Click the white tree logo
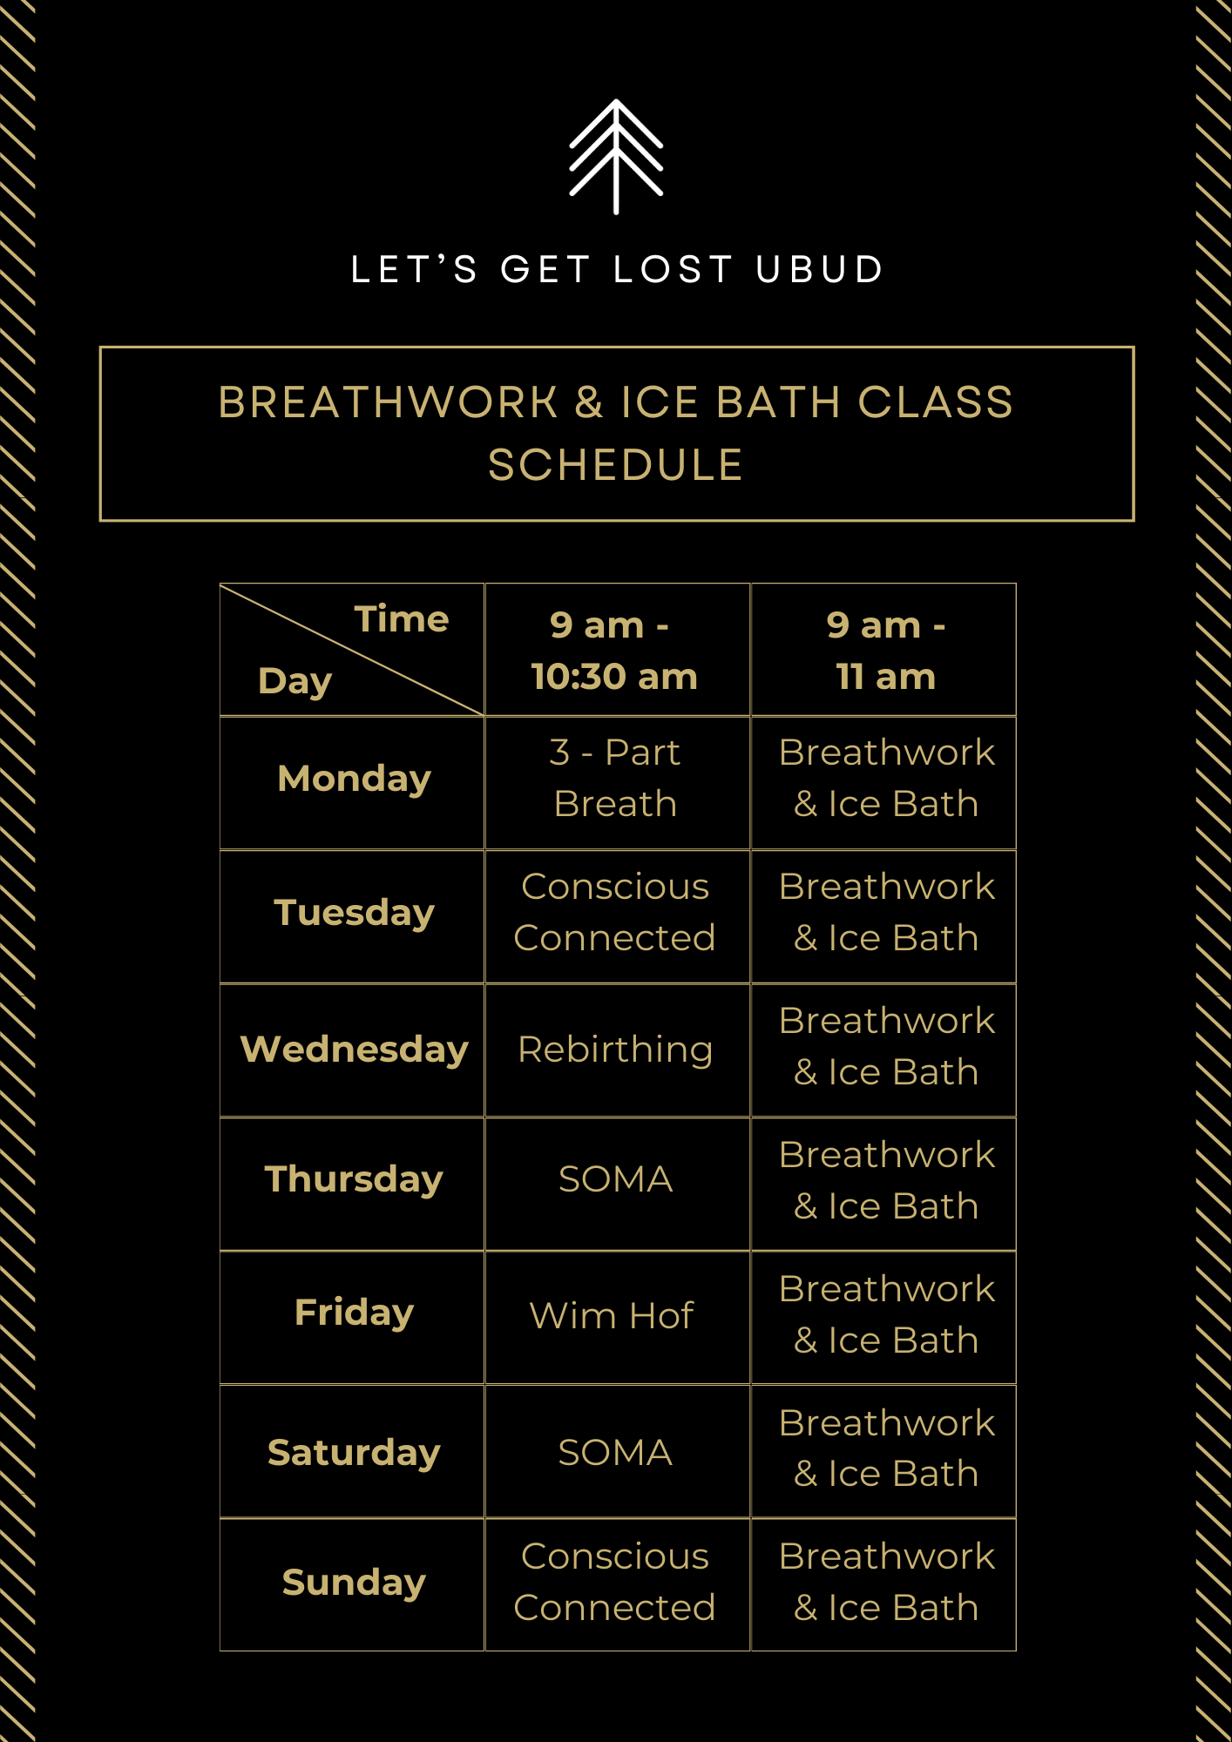pyautogui.click(x=616, y=157)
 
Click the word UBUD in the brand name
pyautogui.click(x=820, y=269)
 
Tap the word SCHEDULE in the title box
pyautogui.click(x=615, y=465)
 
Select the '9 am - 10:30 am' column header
pyautogui.click(x=615, y=650)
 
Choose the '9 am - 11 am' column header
pyautogui.click(x=885, y=650)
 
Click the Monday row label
pyautogui.click(x=354, y=779)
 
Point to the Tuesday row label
pyautogui.click(x=354, y=913)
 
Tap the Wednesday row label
pyautogui.click(x=354, y=1049)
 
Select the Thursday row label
pyautogui.click(x=354, y=1179)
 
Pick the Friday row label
pyautogui.click(x=354, y=1313)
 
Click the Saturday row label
pyautogui.click(x=354, y=1452)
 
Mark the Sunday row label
pyautogui.click(x=354, y=1582)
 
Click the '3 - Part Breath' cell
pyautogui.click(x=615, y=778)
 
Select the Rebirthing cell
pyautogui.click(x=615, y=1050)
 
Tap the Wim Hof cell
pyautogui.click(x=612, y=1315)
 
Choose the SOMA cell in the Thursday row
pyautogui.click(x=615, y=1179)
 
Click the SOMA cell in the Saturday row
pyautogui.click(x=615, y=1452)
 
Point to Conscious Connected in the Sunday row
pyautogui.click(x=615, y=1582)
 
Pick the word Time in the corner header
pyautogui.click(x=401, y=619)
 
